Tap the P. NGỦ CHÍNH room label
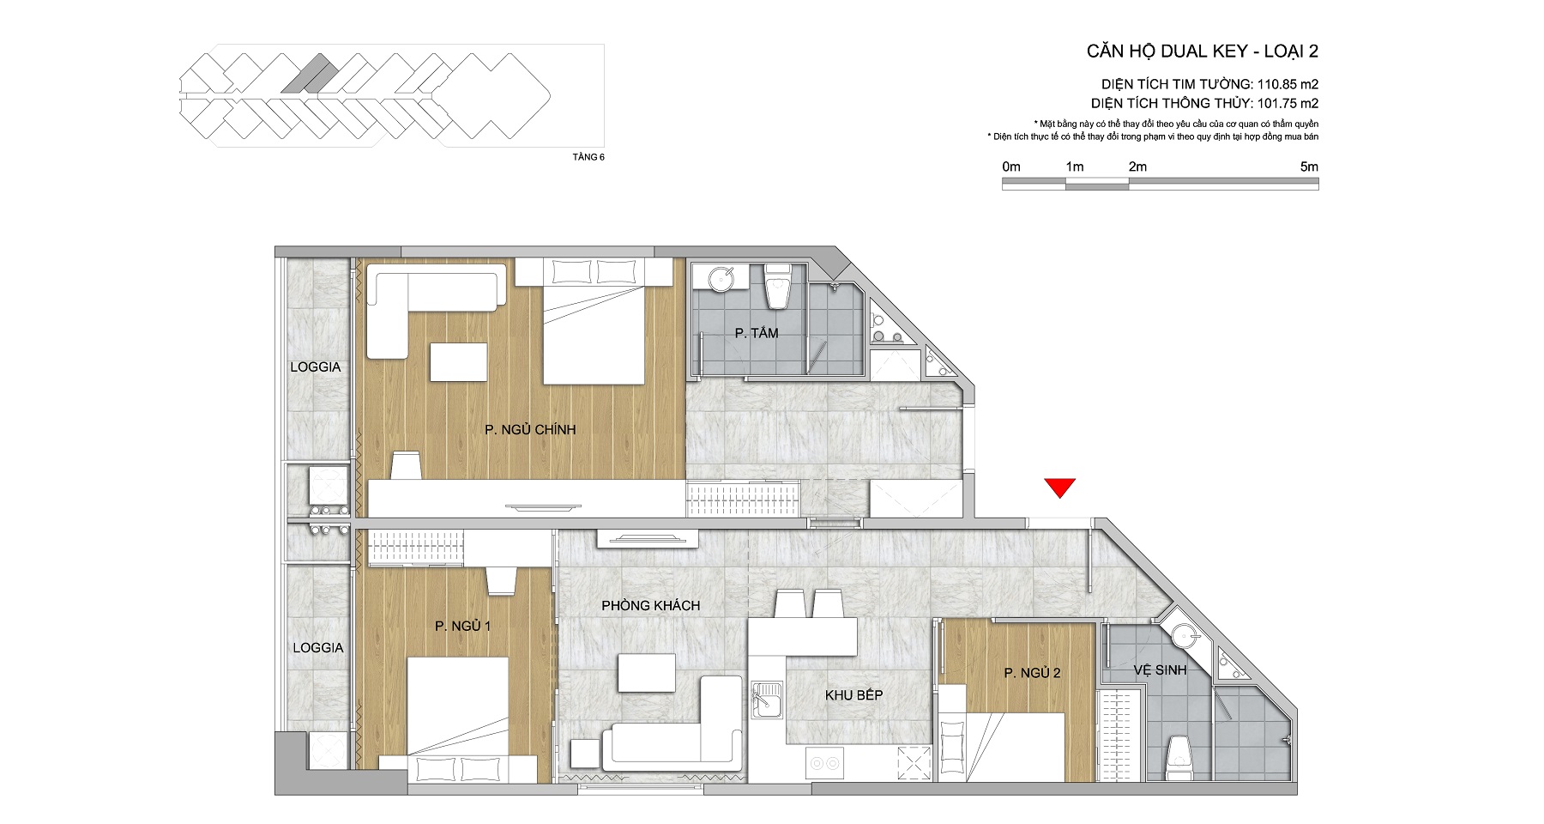click(x=530, y=429)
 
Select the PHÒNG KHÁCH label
click(x=650, y=605)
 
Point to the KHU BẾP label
click(x=853, y=695)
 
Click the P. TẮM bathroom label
click(x=757, y=333)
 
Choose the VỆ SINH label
click(x=1160, y=669)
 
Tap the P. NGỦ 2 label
click(x=1033, y=673)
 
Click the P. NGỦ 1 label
click(x=462, y=626)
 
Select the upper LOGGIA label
click(x=316, y=367)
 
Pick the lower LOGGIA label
click(x=318, y=648)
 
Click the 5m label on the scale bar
click(x=1309, y=167)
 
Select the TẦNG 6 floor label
click(x=588, y=157)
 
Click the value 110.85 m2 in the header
click(x=1288, y=85)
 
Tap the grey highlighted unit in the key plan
click(x=308, y=73)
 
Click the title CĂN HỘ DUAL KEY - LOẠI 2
click(x=1203, y=51)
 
